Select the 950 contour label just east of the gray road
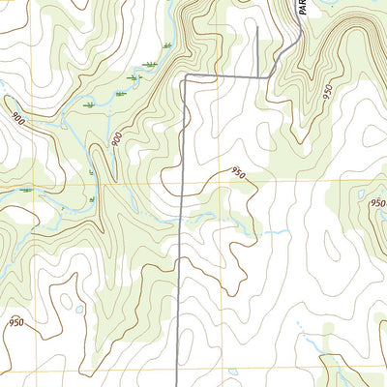[237, 172]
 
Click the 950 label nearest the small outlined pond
[16, 322]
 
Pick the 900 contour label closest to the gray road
[116, 140]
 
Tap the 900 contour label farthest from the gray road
[17, 117]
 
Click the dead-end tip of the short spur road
[258, 27]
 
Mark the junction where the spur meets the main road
[258, 75]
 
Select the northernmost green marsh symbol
[167, 45]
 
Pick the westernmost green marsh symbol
[25, 191]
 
